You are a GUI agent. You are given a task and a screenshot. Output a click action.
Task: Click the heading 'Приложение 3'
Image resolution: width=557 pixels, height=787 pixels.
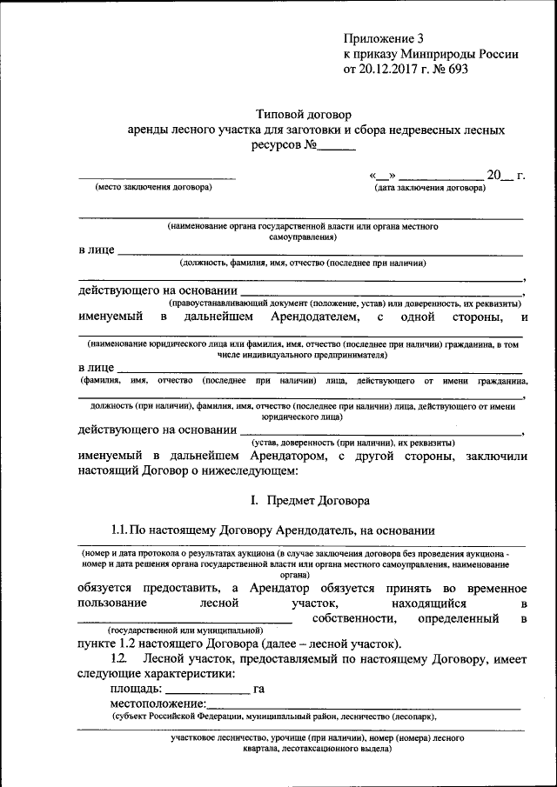(x=383, y=38)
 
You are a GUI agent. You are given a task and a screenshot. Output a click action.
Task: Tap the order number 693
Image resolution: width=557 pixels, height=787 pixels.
(x=458, y=70)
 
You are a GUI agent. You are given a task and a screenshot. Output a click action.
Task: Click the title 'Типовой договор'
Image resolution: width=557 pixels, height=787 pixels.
(x=300, y=114)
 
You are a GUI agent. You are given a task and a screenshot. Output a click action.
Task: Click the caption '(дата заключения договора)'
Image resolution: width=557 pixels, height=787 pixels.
(x=430, y=188)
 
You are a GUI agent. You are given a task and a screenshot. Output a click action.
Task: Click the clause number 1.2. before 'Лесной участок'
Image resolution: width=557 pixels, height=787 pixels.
(x=120, y=659)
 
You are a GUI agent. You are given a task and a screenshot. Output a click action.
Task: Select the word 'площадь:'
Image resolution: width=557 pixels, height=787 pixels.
(x=135, y=689)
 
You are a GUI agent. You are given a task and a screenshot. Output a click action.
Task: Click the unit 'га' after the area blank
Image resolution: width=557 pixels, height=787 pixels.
(x=258, y=689)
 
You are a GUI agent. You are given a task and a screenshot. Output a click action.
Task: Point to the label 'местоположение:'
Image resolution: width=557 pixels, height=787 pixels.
(x=158, y=704)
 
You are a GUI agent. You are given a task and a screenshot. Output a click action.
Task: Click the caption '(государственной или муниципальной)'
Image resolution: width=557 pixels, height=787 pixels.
(x=185, y=630)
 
